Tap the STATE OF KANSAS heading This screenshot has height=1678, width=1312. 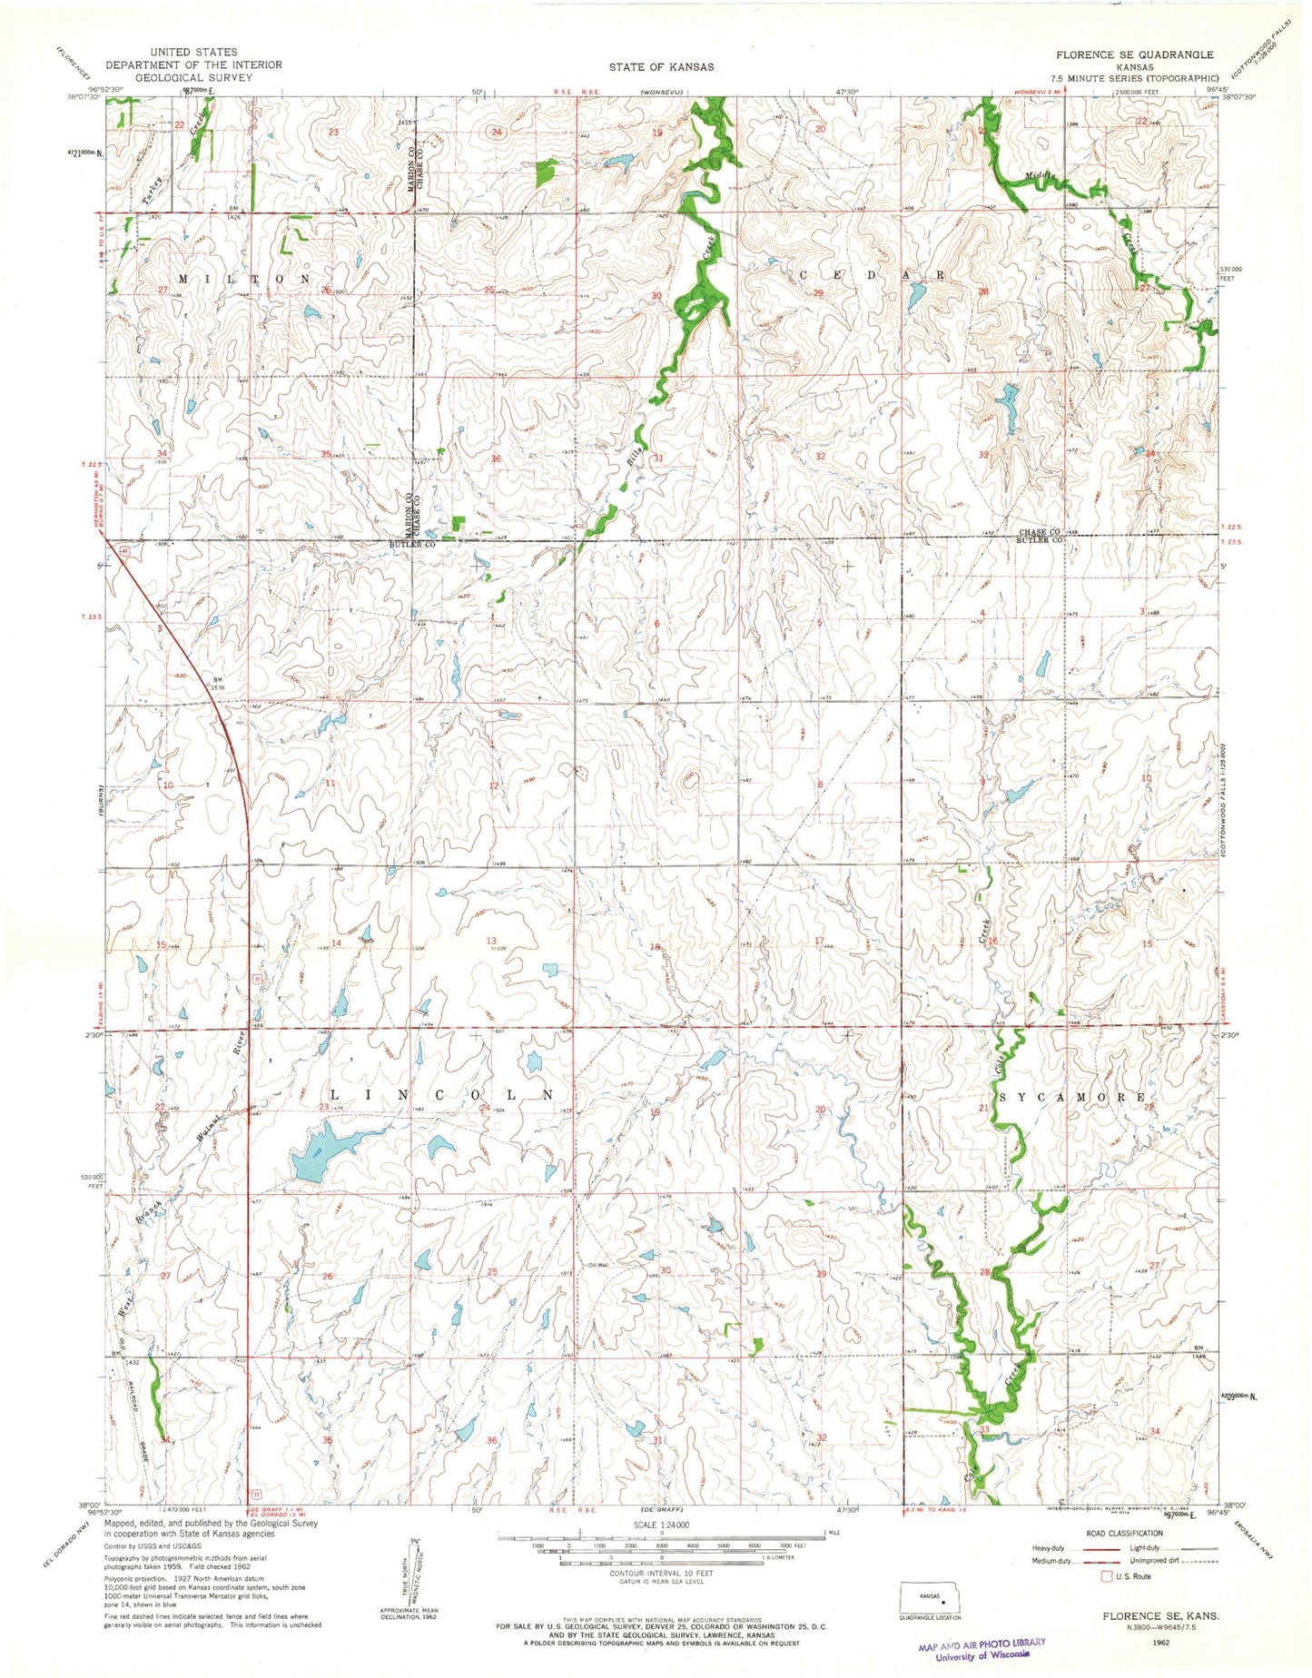point(660,66)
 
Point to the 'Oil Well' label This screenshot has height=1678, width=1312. point(597,1266)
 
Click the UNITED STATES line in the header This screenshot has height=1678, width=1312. point(194,53)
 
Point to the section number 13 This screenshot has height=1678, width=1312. point(491,941)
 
